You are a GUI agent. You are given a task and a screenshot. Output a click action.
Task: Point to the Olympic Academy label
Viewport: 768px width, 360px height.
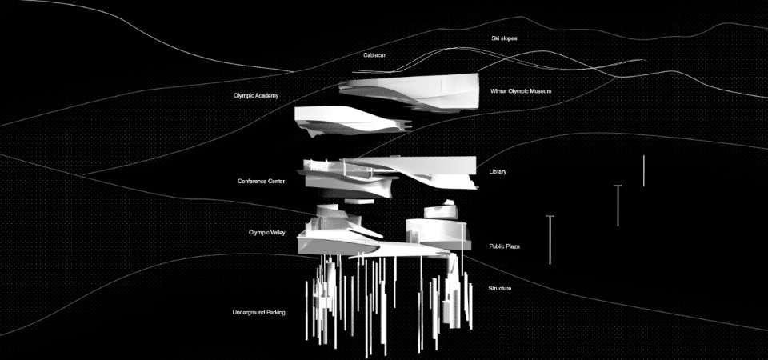point(256,96)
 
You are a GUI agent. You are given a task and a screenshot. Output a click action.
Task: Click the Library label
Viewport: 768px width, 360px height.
point(498,172)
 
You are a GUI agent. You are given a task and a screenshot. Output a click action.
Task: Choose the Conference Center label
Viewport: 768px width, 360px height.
point(262,182)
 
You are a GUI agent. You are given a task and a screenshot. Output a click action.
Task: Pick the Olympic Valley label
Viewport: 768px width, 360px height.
point(267,232)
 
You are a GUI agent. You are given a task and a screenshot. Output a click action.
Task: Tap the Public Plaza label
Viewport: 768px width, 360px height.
point(505,246)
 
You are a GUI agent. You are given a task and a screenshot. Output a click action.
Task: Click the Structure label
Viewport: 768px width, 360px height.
point(500,288)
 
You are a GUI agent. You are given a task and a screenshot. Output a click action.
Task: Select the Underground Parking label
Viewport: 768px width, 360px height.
point(259,312)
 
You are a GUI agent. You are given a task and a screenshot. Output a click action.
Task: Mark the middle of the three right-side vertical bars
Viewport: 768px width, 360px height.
point(618,205)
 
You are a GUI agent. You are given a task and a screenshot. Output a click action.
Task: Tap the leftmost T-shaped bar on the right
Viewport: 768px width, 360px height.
point(550,239)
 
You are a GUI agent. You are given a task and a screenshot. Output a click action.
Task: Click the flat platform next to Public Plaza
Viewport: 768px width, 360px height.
point(368,246)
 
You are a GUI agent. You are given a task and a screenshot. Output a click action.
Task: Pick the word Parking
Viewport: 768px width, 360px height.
point(274,312)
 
